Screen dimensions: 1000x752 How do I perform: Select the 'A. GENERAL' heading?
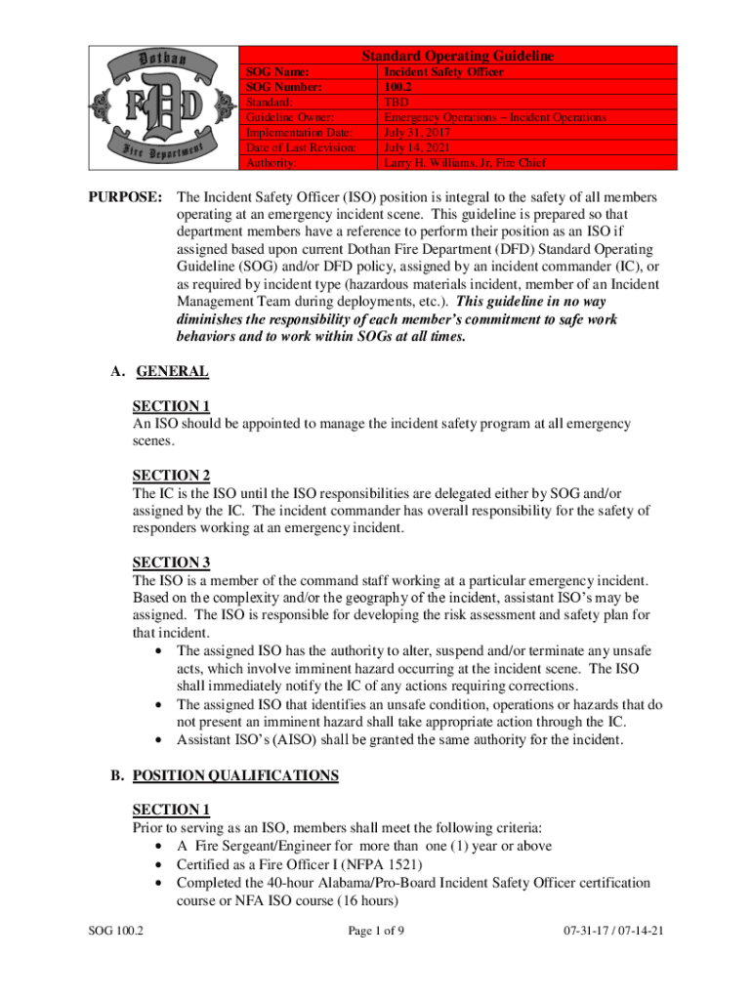pyautogui.click(x=159, y=371)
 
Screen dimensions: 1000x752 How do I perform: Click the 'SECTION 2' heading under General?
pyautogui.click(x=171, y=476)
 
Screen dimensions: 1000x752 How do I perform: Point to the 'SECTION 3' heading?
pyautogui.click(x=171, y=562)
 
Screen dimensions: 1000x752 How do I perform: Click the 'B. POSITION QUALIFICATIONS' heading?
pyautogui.click(x=224, y=776)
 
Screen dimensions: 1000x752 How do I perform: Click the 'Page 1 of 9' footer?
pyautogui.click(x=376, y=931)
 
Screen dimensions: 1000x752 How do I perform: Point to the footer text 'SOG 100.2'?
pyautogui.click(x=112, y=931)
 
